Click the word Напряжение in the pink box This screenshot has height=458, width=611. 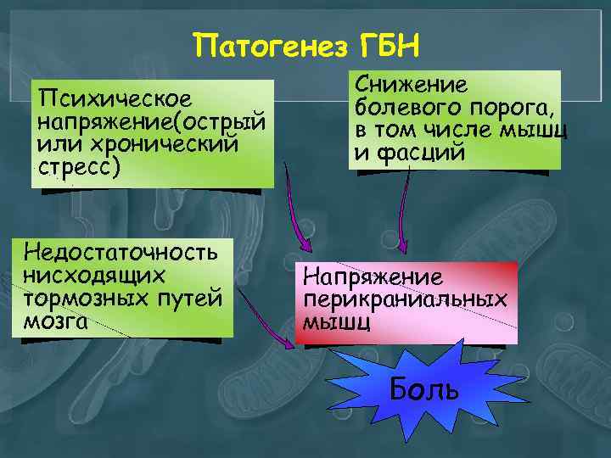373,276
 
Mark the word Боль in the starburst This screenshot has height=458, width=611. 424,389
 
